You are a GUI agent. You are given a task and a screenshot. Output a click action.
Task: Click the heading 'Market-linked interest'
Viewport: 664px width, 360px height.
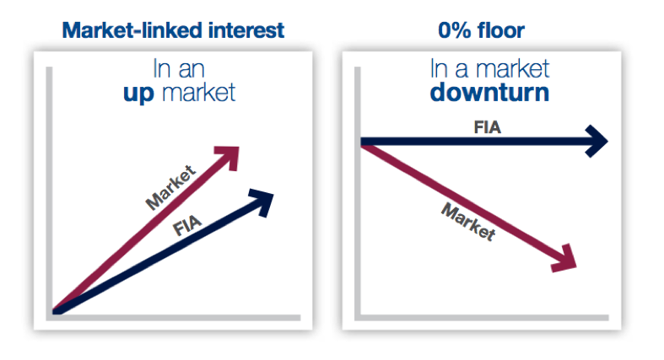pos(173,30)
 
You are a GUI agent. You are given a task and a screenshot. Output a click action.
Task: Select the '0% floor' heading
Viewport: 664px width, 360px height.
pos(481,30)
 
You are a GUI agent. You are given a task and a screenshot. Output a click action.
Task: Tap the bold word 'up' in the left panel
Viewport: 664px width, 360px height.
pos(138,94)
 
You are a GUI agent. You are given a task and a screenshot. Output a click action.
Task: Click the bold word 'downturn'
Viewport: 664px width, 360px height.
pos(489,93)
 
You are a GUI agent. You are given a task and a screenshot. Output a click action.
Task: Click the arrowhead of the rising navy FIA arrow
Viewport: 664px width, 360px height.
pos(262,201)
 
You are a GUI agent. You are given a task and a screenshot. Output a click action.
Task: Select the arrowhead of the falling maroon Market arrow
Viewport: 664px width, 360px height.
pos(565,259)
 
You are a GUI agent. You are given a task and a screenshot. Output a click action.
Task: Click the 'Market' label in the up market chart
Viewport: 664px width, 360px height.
pos(170,187)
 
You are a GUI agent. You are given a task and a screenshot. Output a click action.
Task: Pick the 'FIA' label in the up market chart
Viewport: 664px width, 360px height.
pos(187,225)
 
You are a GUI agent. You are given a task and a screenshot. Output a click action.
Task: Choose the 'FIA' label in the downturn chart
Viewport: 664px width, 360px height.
pos(488,127)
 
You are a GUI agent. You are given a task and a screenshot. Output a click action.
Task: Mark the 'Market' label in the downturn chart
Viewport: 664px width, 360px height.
pos(468,222)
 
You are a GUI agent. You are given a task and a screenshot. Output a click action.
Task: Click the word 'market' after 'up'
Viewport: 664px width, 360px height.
pos(198,93)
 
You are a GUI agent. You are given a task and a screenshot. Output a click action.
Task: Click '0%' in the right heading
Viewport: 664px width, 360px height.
pos(455,30)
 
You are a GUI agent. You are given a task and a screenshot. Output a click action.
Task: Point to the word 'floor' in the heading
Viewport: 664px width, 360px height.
pos(501,30)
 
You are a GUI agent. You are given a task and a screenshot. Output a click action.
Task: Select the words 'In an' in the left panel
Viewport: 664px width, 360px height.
pos(179,69)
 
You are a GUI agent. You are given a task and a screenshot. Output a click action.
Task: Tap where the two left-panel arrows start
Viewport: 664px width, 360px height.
pos(55,311)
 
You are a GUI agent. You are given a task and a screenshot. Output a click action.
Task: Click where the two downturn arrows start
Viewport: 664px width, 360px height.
pos(364,142)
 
